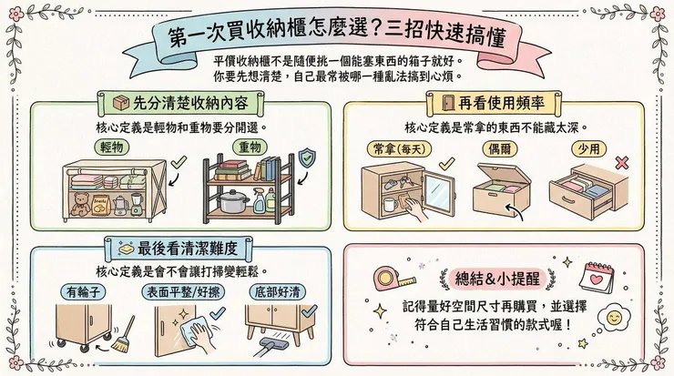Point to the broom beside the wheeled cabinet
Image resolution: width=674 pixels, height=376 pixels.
pyautogui.click(x=124, y=332)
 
